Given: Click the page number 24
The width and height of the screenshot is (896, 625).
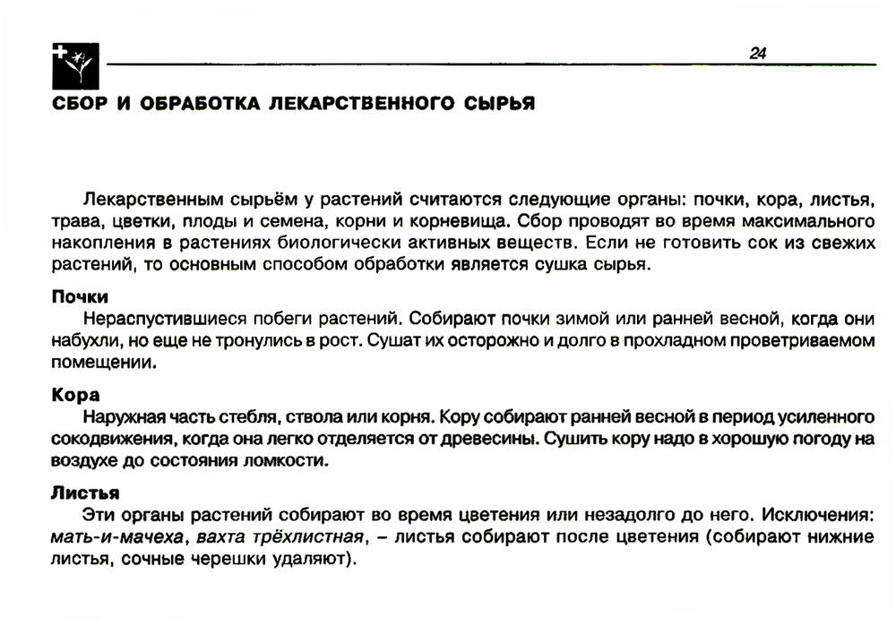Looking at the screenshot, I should point(757,54).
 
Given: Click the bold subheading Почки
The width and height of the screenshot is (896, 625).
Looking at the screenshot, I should point(79,297).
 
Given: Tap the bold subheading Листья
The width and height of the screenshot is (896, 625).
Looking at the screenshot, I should point(85,493).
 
